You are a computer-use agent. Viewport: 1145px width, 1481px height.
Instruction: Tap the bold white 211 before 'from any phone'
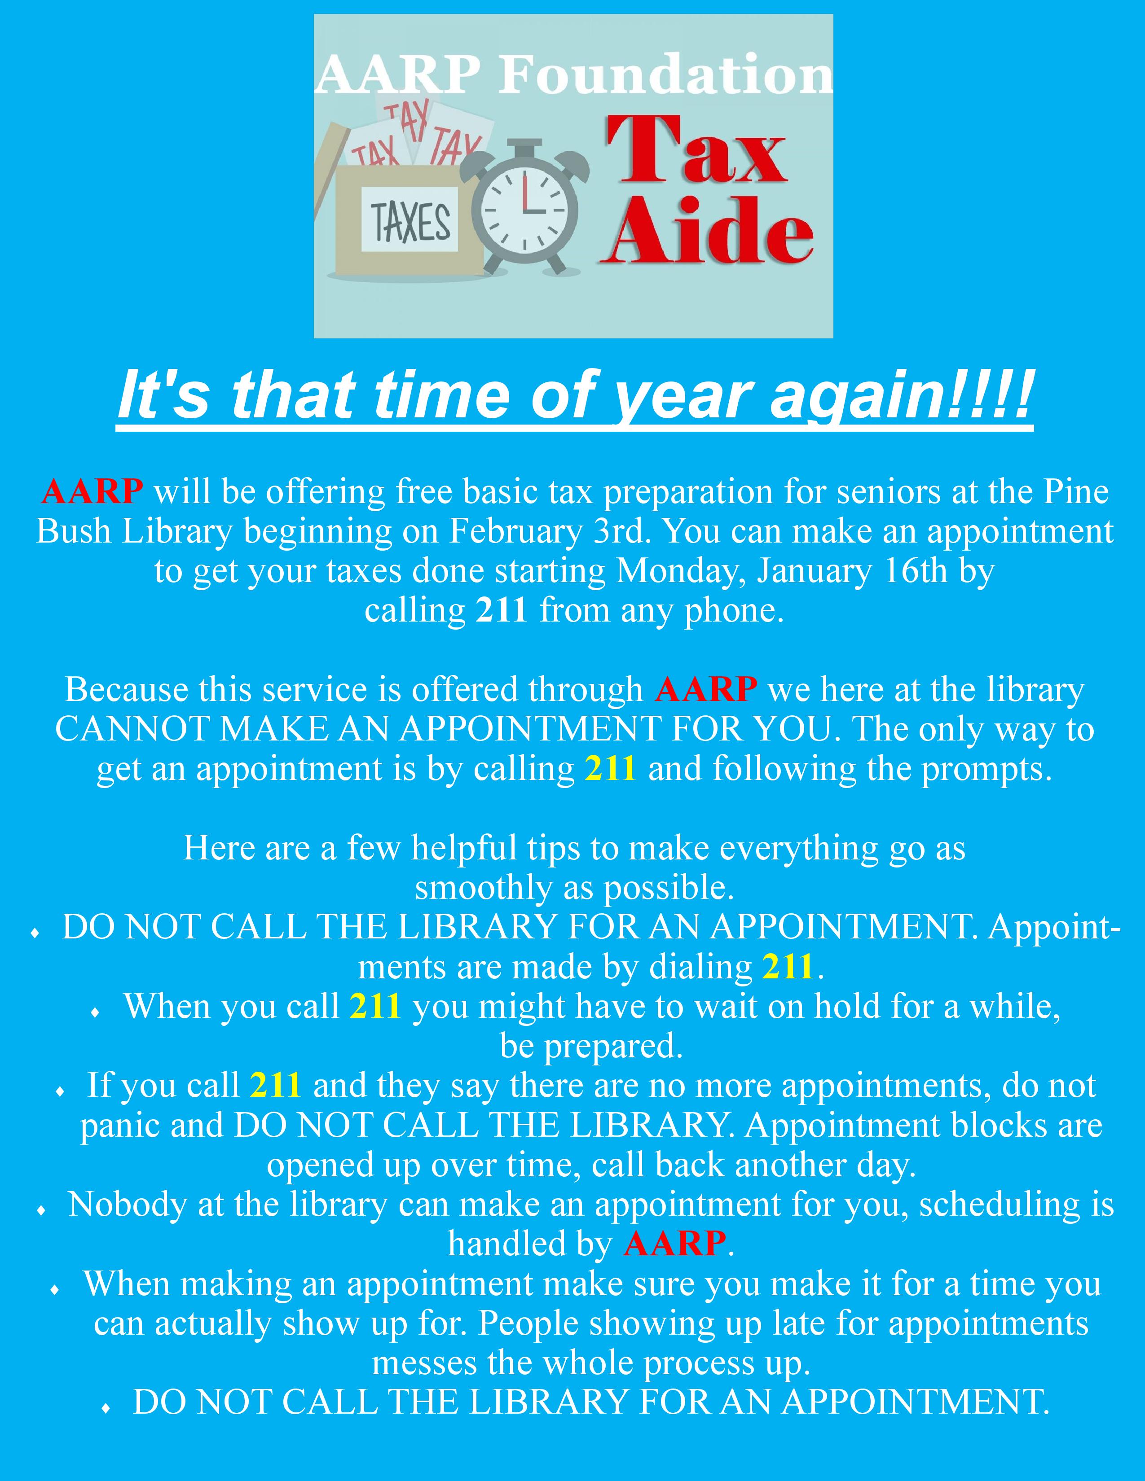[x=501, y=611]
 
